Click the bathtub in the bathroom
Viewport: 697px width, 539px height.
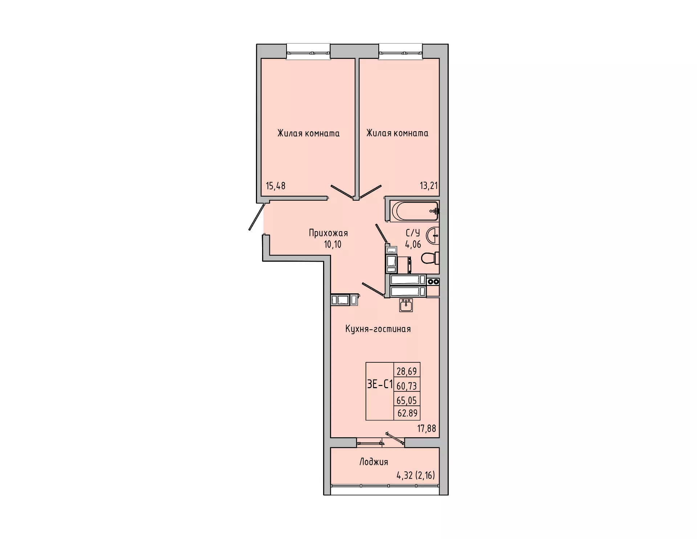(x=415, y=211)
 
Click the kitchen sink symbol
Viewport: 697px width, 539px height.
(x=406, y=305)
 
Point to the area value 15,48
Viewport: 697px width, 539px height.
(x=276, y=186)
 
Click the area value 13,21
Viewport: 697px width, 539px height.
(x=429, y=186)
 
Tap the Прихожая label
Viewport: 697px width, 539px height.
(x=328, y=233)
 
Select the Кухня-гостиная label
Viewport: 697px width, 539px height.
(x=378, y=329)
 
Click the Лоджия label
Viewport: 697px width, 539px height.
(x=374, y=462)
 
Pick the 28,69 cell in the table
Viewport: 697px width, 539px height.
(x=407, y=371)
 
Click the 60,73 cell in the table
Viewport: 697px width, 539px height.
(x=407, y=385)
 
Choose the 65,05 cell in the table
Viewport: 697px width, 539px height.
(x=407, y=400)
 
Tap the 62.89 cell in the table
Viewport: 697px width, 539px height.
(x=407, y=413)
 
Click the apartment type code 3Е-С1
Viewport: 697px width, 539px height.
(x=380, y=385)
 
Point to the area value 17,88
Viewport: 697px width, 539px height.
(x=427, y=429)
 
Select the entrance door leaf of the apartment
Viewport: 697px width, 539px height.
(x=257, y=217)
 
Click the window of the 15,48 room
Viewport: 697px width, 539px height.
(x=308, y=51)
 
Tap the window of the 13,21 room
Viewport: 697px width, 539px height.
(x=401, y=51)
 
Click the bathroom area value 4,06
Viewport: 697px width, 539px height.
(x=413, y=244)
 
